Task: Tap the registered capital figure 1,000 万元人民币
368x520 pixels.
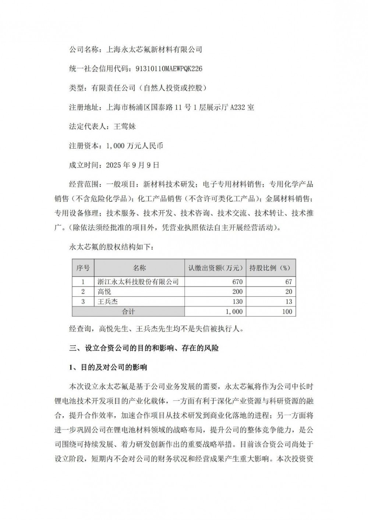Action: [x=135, y=146]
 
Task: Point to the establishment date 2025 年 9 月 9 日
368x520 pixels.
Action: [x=132, y=165]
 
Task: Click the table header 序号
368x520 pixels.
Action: [x=83, y=268]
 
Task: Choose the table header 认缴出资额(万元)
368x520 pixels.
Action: [x=215, y=268]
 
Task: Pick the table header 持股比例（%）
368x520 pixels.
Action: [x=270, y=268]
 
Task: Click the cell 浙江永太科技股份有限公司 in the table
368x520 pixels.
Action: [x=138, y=282]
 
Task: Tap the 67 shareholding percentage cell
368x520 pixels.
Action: [x=289, y=282]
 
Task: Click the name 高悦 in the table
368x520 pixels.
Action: [x=104, y=292]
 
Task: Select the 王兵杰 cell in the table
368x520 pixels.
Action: [x=107, y=302]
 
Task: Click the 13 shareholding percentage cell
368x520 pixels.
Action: [x=289, y=302]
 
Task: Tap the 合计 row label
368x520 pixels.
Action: [x=128, y=311]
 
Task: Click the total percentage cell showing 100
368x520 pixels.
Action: [x=287, y=311]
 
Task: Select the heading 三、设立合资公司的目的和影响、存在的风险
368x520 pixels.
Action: [x=144, y=348]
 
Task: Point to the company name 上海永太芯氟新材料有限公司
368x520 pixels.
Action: [x=154, y=49]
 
